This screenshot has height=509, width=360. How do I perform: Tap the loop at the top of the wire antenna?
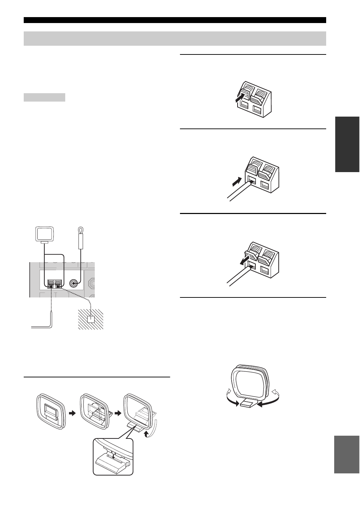(81, 230)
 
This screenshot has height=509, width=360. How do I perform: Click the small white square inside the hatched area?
(91, 319)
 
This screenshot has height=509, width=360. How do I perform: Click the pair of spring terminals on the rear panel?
(55, 284)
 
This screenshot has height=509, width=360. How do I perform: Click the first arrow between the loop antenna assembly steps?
(72, 413)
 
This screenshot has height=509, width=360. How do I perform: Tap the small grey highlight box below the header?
(44, 97)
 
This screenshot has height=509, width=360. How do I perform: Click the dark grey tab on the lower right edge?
(346, 454)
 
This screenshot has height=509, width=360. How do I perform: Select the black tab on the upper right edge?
(347, 144)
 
